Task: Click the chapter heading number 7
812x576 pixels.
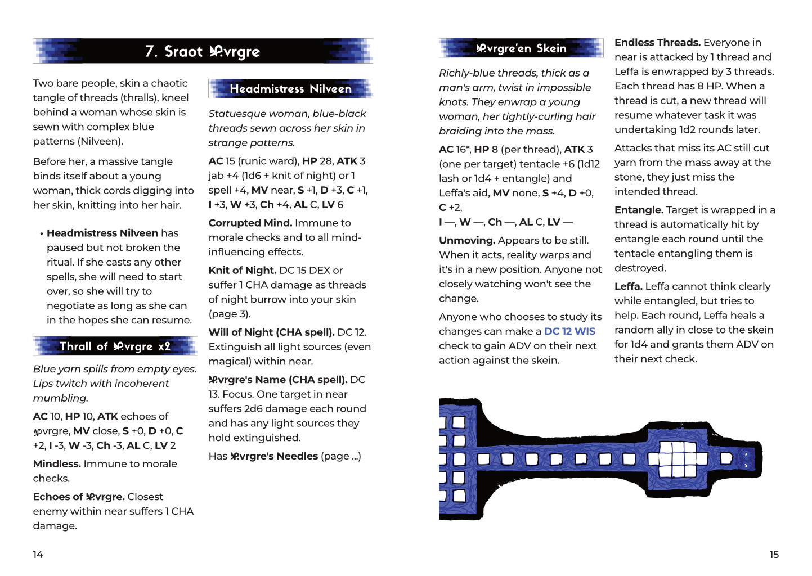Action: pos(151,52)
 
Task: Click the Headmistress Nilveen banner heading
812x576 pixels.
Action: pos(290,89)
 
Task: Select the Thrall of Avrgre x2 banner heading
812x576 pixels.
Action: pos(115,346)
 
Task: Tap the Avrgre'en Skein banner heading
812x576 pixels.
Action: pos(521,48)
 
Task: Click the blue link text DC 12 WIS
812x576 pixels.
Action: pos(569,331)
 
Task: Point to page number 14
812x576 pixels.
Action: pos(38,555)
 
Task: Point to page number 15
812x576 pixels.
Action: pos(774,555)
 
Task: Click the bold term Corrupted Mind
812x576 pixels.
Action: pos(250,223)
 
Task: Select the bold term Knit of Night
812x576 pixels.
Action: pos(242,270)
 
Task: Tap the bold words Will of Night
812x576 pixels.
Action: pos(241,332)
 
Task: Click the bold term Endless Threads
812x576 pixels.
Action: pos(657,43)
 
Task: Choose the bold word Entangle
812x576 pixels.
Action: pos(639,210)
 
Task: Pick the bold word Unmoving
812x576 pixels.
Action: pos(466,240)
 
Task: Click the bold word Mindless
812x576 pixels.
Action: pos(57,464)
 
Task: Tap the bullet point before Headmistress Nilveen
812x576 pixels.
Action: pos(42,233)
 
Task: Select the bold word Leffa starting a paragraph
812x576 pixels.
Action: pos(628,286)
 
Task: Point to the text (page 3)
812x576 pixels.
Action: pos(230,314)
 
